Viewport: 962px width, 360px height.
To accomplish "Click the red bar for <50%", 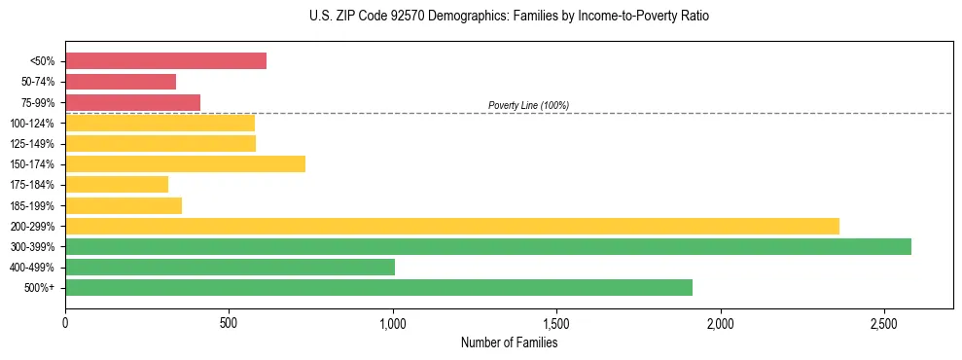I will [x=165, y=61].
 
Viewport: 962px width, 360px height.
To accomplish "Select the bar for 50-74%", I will [x=121, y=82].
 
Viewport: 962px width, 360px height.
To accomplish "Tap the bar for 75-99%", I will [x=132, y=102].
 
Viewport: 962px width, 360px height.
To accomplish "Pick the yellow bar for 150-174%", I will [x=185, y=164].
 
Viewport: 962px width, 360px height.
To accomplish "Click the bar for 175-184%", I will [x=117, y=185].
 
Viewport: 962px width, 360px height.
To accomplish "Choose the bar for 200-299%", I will [x=452, y=226].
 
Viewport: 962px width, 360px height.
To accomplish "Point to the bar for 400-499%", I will [x=230, y=267].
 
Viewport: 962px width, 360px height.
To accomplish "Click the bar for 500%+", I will [x=378, y=287].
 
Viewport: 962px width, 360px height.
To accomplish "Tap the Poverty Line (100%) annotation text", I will [x=528, y=105].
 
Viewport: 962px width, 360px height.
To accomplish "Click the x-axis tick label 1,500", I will [x=556, y=323].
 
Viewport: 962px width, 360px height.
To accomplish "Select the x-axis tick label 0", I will [x=65, y=323].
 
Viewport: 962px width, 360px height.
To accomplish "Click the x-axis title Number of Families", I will [x=509, y=342].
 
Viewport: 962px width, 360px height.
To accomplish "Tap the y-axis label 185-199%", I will [x=32, y=205].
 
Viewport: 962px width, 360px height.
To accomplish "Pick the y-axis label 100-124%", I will [x=32, y=124].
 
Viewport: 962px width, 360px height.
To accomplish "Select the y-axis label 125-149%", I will [x=32, y=144].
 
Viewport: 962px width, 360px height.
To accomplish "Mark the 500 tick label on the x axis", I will [x=229, y=323].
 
